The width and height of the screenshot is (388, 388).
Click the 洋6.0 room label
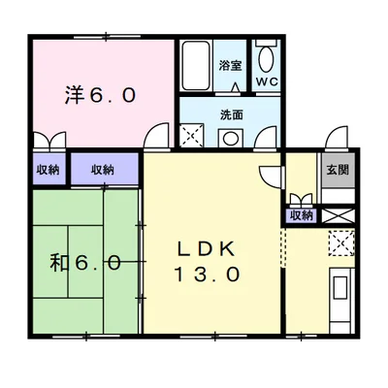100,95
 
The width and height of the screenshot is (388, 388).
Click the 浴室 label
230,65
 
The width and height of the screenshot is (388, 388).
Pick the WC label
267,82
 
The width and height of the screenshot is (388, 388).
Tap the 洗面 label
231,114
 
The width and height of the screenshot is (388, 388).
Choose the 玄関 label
338,169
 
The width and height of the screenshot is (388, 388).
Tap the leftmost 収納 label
47,170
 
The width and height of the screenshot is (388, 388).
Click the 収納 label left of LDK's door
103,170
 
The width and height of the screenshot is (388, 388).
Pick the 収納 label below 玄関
302,215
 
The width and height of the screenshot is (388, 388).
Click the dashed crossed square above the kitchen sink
340,242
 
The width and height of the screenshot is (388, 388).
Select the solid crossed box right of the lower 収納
337,215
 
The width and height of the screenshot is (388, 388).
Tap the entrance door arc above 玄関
335,138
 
